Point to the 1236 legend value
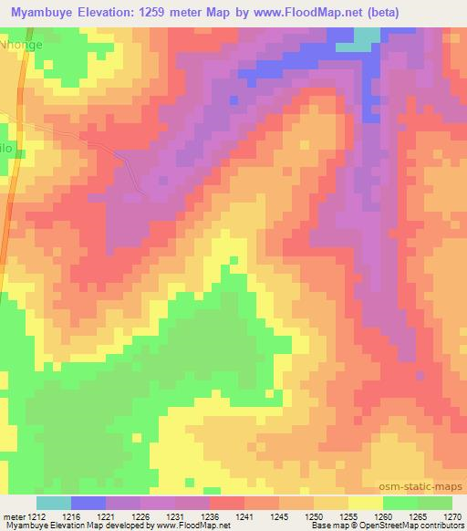coord(209,515)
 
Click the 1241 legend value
coord(243,515)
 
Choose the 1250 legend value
coord(313,515)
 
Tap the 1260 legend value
coord(382,515)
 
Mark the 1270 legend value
coord(451,515)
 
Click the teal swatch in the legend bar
coord(54,503)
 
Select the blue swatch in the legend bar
coord(88,503)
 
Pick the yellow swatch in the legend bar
coord(365,503)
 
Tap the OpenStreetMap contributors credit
coord(405,526)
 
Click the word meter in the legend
coord(13,515)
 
